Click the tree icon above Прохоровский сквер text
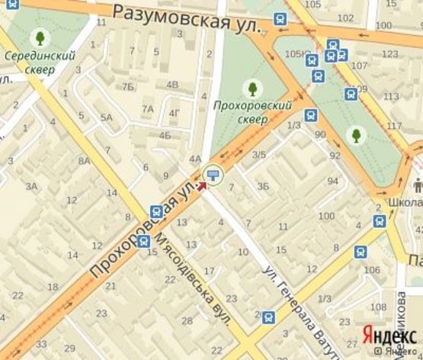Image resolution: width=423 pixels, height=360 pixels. (x=252, y=88)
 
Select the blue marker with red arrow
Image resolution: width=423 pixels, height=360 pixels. (x=212, y=176)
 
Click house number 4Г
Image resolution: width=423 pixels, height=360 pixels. (x=175, y=114)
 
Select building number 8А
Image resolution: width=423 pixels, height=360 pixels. (x=84, y=161)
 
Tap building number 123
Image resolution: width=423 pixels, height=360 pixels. (x=390, y=54)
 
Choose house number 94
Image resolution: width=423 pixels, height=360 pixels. (x=332, y=181)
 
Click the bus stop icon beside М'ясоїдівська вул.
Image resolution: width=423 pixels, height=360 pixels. (x=155, y=211)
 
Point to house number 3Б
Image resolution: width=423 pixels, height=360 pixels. (x=263, y=185)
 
